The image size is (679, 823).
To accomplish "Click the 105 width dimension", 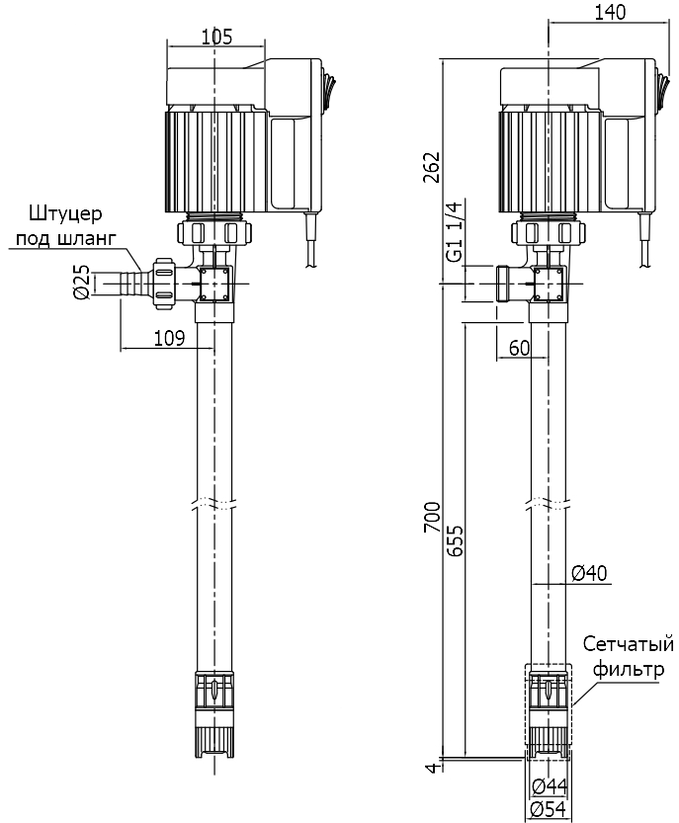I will coord(215,38).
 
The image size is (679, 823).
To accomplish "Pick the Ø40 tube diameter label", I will coord(590,572).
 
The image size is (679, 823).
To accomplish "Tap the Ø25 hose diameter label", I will coord(83,283).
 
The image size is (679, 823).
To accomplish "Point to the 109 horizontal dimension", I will coord(170,338).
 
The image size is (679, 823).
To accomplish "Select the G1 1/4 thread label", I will coord(456,232).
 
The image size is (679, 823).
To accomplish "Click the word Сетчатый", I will coord(628,645).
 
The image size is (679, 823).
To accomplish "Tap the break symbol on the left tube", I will coord(214,501).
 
